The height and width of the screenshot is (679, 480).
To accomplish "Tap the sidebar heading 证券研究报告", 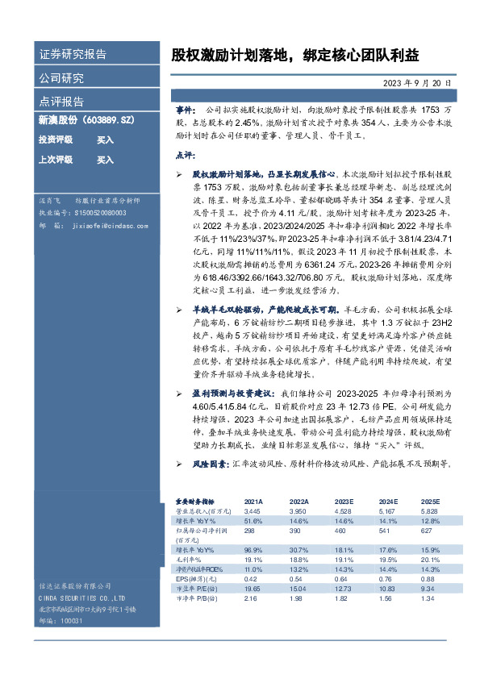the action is pyautogui.click(x=73, y=55).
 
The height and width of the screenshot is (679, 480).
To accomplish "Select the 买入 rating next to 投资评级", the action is pyautogui.click(x=105, y=140).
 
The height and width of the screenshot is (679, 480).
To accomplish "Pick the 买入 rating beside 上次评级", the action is pyautogui.click(x=105, y=160).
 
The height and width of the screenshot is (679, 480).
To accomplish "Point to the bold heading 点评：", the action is pyautogui.click(x=186, y=154).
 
